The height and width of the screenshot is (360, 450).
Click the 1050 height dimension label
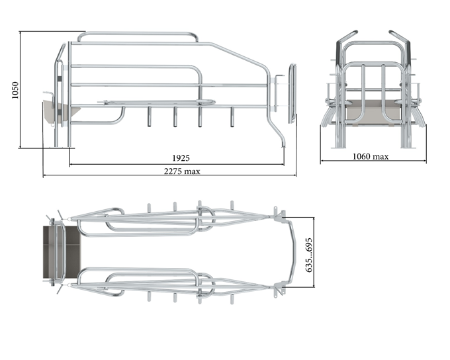[15, 90]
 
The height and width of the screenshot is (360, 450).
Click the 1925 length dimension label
[181, 158]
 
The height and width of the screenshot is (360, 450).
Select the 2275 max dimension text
[182, 171]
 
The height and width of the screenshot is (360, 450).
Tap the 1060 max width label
[370, 156]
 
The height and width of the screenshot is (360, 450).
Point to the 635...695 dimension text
[308, 255]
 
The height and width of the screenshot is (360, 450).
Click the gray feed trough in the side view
[61, 111]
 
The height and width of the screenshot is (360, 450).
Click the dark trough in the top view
[62, 251]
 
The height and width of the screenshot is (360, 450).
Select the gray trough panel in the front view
[373, 111]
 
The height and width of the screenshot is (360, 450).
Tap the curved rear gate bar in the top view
[292, 251]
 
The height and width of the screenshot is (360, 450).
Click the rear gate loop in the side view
[292, 93]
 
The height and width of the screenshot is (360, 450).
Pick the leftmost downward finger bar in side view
[150, 117]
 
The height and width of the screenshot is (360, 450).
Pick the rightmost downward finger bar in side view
[232, 117]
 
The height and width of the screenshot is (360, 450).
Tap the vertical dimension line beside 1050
[20, 90]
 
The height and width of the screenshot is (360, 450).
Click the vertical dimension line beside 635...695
[314, 252]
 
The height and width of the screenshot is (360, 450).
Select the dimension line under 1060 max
[373, 161]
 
